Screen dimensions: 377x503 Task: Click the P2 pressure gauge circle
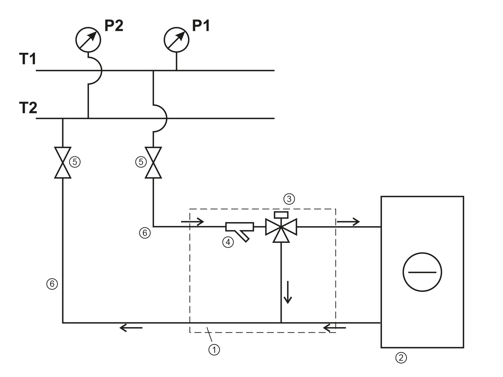[x=88, y=39]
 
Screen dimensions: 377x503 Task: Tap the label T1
[x=28, y=59]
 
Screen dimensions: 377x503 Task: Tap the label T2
[x=28, y=107]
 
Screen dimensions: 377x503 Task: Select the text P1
[x=201, y=26]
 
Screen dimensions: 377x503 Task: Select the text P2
[x=113, y=26]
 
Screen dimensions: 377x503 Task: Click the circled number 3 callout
[x=289, y=199]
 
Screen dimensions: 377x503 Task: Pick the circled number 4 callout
[x=228, y=242]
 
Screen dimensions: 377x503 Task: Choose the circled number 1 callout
[x=214, y=349]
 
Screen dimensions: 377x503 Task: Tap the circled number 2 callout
[x=401, y=357]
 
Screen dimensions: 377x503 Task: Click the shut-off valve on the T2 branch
[x=63, y=162]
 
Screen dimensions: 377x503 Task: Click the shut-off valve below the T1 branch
[x=153, y=162]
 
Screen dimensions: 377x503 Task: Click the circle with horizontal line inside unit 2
[x=422, y=272]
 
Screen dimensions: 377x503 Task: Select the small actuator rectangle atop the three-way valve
[x=281, y=215]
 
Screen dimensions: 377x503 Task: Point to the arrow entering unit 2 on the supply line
[x=348, y=222]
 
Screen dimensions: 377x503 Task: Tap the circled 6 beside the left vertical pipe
[x=52, y=284]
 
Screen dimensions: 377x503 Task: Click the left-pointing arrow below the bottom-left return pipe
[x=131, y=328]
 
